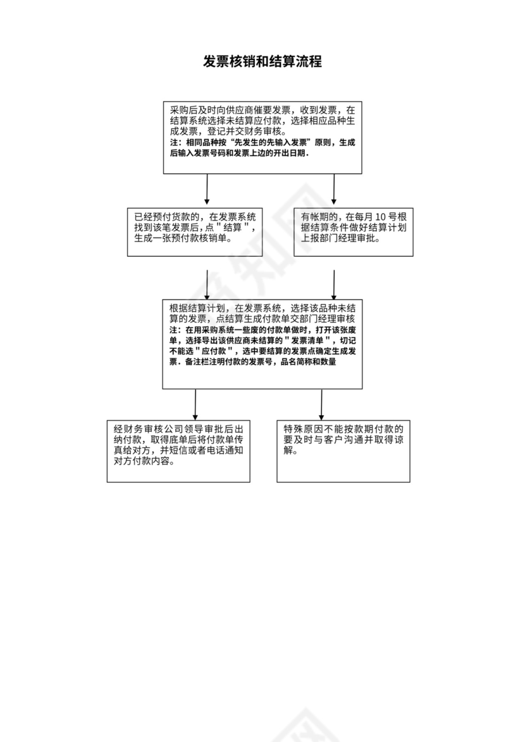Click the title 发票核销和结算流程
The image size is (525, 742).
coord(262,62)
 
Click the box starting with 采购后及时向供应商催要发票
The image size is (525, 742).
coord(262,137)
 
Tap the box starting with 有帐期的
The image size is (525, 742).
coord(354,231)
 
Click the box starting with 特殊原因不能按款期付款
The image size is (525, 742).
coord(343,451)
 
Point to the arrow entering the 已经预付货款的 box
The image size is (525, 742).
coord(207,189)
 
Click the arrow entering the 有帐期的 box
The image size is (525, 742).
coord(334,189)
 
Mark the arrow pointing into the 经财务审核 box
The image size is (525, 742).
coord(195,404)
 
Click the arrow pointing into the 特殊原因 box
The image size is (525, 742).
coord(321,404)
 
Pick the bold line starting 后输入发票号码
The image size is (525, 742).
coord(239,153)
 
